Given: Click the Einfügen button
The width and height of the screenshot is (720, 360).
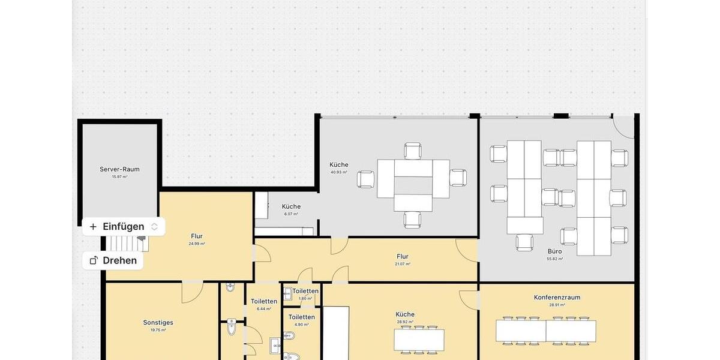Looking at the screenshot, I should point(124,226).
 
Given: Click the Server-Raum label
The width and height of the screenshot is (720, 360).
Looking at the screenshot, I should point(119,169).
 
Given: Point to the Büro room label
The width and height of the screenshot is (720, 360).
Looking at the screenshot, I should point(554,251).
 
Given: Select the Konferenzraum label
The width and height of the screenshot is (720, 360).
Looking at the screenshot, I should point(557,297).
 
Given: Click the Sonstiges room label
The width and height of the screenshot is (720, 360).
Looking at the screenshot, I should point(158,322).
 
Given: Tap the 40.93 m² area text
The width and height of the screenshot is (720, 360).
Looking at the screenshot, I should point(338,172).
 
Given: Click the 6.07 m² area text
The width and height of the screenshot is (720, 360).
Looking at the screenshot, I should point(291,214).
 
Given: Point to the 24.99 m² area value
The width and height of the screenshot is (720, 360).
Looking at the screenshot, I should point(197,244).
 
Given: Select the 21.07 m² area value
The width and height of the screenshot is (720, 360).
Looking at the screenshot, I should point(403,264).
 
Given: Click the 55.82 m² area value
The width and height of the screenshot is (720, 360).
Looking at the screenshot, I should point(554,259).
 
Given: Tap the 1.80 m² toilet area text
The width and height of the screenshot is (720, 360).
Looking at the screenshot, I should point(305,298).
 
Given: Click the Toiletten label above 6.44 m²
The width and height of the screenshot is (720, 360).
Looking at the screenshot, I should point(264,301).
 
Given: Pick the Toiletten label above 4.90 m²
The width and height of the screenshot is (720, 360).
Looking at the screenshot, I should point(301,317).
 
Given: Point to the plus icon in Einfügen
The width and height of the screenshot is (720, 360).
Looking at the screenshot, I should point(93,227).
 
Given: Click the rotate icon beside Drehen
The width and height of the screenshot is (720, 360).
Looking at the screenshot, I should point(94,260).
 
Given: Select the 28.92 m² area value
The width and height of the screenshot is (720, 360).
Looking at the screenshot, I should point(405,322).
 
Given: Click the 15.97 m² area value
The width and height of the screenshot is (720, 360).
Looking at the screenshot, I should point(119,176).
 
